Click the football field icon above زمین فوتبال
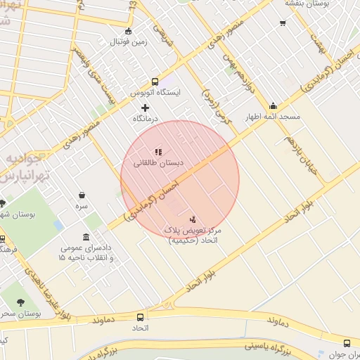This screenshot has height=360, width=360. tap(127, 31)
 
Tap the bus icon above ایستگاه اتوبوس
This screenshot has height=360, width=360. tap(155, 81)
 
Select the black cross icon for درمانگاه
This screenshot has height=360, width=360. tap(146, 108)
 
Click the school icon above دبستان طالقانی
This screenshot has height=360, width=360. tap(158, 151)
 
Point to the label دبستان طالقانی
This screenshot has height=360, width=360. tap(158, 162)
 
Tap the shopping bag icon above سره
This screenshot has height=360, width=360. tap(82, 195)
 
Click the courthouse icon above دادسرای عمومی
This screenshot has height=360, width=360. tap(86, 237)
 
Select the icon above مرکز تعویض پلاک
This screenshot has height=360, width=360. tap(193, 219)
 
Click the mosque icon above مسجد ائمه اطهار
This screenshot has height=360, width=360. tap(273, 107)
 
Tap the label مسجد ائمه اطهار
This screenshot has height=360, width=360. tap(273, 117)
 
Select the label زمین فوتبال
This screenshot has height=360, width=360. tap(127, 42)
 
